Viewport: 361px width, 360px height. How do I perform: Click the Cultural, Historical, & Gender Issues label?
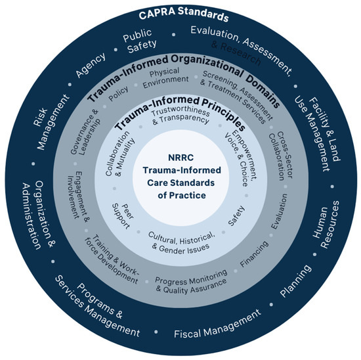click(179, 242)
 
